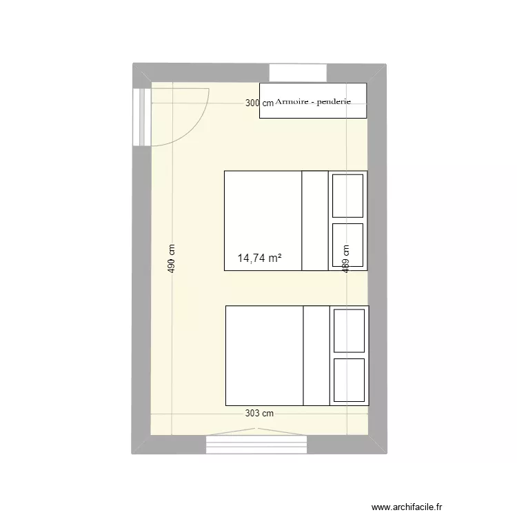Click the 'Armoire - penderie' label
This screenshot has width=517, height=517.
tap(314, 101)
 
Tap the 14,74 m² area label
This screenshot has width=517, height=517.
tap(259, 258)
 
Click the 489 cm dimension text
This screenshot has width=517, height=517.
tap(346, 258)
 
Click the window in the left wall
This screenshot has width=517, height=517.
tap(143, 117)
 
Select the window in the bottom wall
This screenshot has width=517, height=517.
tap(256, 444)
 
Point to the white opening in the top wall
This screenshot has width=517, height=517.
tap(298, 72)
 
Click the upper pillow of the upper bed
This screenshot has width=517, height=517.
tap(347, 195)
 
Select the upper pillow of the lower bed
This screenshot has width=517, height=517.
tap(348, 330)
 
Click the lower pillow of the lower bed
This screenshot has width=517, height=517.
tap(348, 379)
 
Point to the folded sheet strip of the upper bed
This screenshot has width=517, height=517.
tap(315, 221)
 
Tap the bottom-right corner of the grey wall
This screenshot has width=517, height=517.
tap(385, 453)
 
